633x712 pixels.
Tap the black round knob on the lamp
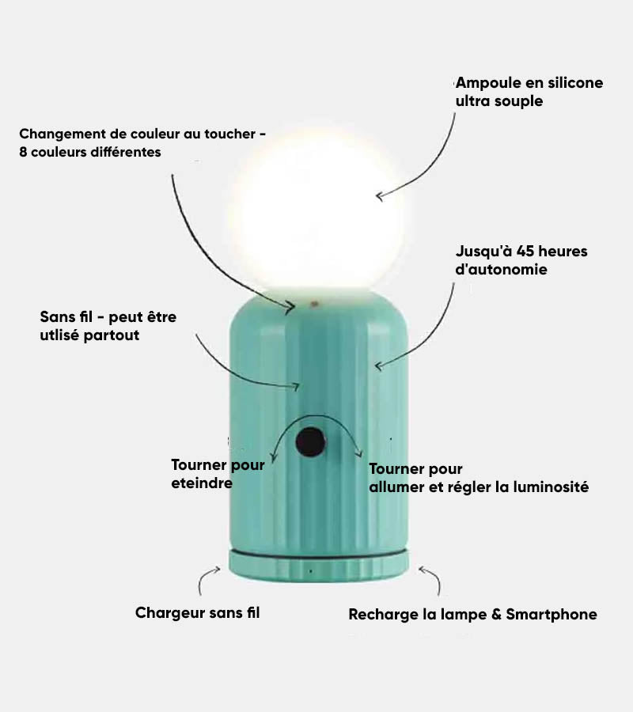click(311, 441)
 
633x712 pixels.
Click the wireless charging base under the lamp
click(318, 565)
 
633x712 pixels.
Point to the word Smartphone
click(552, 615)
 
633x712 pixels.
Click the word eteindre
click(202, 483)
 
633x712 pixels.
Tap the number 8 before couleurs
click(23, 152)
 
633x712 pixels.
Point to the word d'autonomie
click(502, 269)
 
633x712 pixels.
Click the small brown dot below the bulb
click(314, 303)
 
